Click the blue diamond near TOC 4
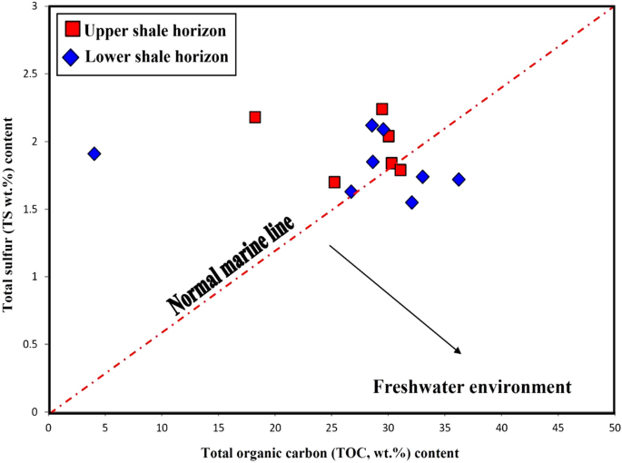coord(94,153)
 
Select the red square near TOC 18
coord(255,117)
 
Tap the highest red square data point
coord(382,109)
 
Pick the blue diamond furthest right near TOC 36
coord(459,180)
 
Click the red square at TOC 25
coord(334,182)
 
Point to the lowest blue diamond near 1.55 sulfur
coord(411,202)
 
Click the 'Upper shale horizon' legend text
coord(154,30)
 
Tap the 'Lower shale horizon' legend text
coord(155,56)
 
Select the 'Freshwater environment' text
coord(472,387)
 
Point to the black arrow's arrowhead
coord(459,350)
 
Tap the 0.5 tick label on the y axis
coord(35,344)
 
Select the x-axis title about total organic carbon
coord(331,451)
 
